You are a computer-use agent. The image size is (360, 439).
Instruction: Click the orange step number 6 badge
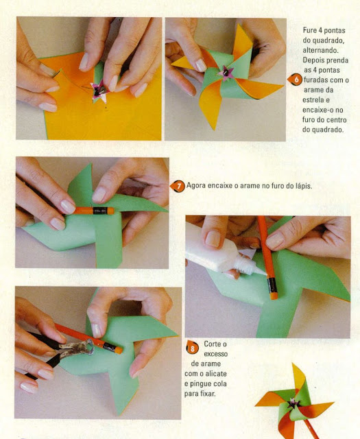(x=295, y=80)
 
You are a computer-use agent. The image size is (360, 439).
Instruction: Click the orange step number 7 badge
(x=178, y=186)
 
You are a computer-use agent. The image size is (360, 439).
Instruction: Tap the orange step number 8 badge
(x=192, y=348)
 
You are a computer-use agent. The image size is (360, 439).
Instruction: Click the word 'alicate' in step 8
(x=216, y=373)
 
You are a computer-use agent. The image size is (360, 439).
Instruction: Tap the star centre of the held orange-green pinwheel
(x=226, y=73)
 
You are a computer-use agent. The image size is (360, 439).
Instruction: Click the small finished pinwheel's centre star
(x=293, y=403)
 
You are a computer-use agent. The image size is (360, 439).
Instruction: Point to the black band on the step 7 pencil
(x=100, y=211)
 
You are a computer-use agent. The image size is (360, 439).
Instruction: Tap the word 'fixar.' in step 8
(x=208, y=393)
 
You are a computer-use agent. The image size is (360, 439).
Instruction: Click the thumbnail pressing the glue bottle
(x=213, y=239)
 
